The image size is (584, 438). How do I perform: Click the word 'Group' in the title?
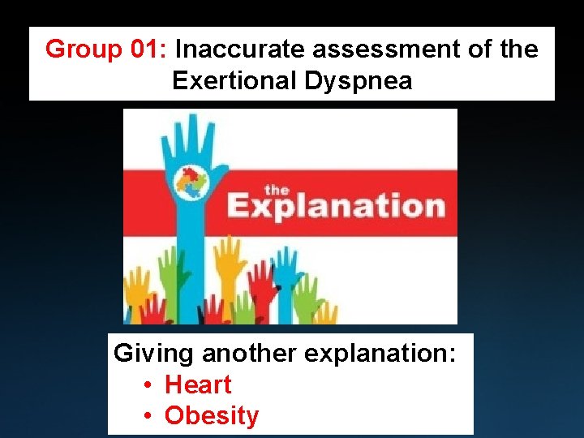(x=81, y=49)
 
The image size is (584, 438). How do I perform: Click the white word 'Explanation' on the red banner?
(x=336, y=207)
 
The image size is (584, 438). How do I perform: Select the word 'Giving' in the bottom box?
(x=153, y=354)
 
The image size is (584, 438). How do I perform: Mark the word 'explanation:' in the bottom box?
(x=380, y=354)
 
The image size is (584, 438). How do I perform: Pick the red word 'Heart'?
(x=198, y=384)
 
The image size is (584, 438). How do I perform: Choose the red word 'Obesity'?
(x=212, y=415)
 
